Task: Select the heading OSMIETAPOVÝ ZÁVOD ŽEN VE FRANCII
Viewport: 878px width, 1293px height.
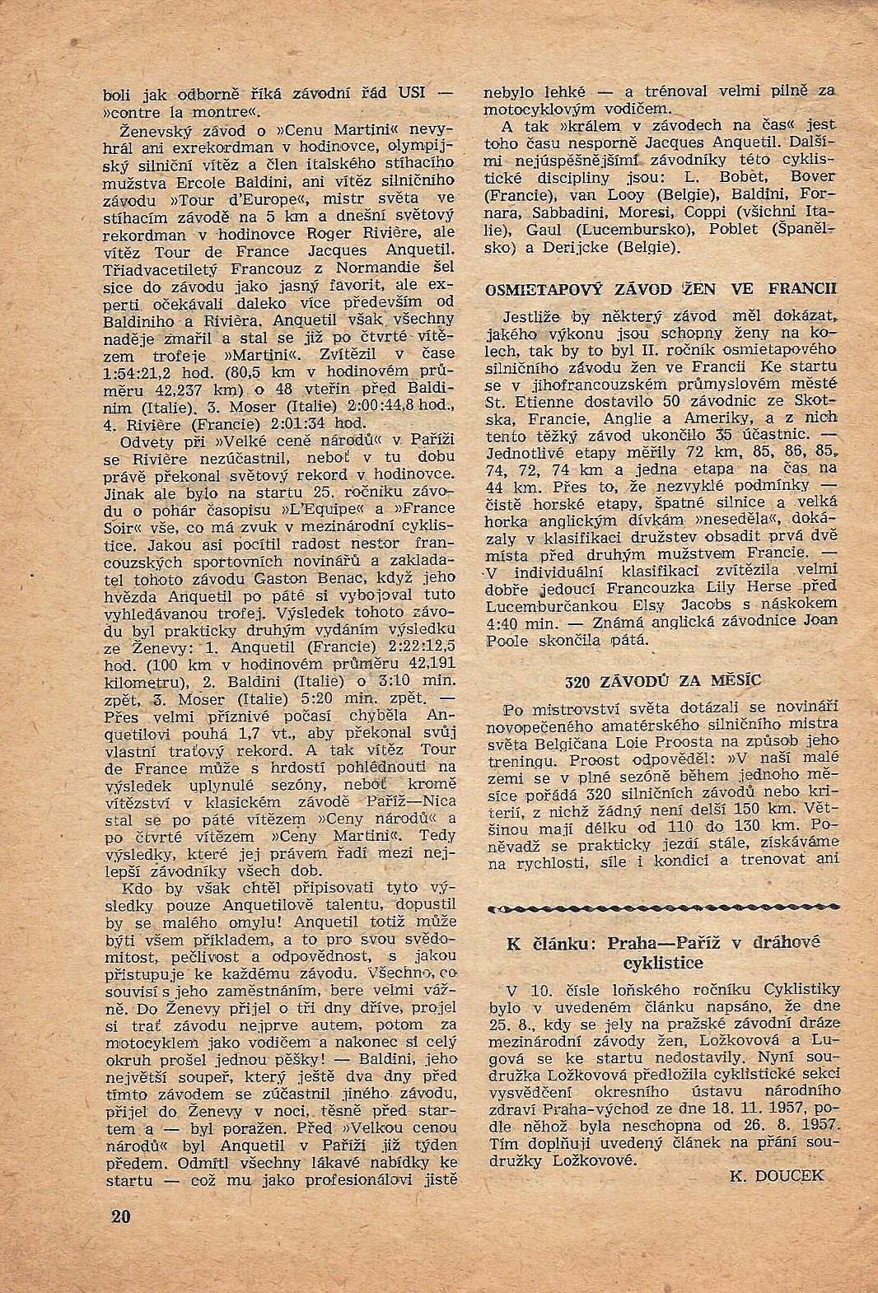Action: click(661, 288)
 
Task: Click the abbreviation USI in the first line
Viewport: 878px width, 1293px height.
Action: click(412, 92)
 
